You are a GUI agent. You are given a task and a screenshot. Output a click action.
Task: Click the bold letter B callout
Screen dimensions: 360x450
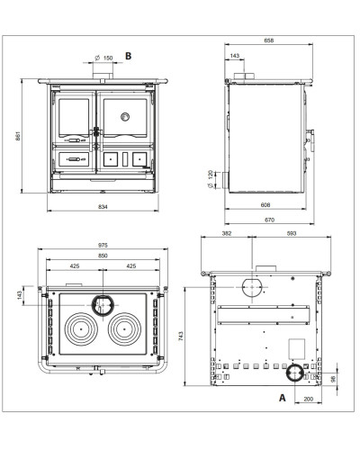tap(128, 56)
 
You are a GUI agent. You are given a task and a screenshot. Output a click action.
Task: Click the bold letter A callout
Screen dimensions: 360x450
tap(283, 398)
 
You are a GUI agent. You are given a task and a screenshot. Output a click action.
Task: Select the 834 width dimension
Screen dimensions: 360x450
tap(103, 206)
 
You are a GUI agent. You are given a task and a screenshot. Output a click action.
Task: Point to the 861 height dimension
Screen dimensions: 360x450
tap(18, 136)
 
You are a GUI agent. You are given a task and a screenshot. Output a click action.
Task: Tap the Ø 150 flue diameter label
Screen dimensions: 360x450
tap(103, 58)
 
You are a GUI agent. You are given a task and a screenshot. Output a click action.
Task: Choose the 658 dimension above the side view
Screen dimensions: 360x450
tap(269, 40)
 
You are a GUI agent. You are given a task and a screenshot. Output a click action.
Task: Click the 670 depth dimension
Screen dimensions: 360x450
tap(269, 220)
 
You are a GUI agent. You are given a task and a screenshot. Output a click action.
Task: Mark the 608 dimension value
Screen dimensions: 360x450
tap(265, 205)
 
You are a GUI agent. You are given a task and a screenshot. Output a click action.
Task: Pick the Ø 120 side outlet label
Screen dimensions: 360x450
tap(211, 179)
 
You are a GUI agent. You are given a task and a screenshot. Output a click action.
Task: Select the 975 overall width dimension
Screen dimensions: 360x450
tap(103, 245)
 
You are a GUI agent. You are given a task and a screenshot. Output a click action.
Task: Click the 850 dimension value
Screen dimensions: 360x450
tap(103, 256)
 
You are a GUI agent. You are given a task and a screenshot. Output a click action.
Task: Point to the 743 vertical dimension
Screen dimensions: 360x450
tap(180, 336)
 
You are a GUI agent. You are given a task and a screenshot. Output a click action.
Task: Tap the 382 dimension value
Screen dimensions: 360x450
tap(227, 233)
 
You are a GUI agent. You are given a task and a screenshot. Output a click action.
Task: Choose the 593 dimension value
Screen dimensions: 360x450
tap(292, 233)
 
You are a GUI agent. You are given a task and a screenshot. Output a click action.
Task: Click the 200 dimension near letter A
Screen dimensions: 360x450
tap(308, 399)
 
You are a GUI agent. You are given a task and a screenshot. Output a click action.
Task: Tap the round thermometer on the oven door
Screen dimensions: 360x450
tap(125, 116)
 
